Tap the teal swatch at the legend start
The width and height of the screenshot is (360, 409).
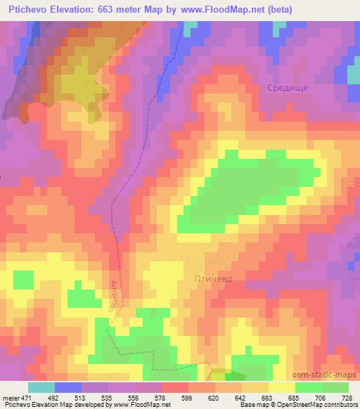[41, 387]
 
